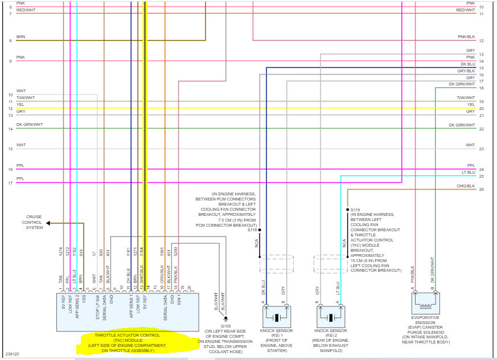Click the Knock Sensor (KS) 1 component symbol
276,318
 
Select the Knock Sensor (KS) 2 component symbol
331,318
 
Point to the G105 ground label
226,326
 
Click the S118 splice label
252,230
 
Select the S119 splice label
355,210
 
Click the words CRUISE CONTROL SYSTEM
34,222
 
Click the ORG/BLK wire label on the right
466,186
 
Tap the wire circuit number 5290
176,250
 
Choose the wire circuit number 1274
61,250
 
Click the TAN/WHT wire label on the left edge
26,97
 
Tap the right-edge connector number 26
482,189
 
